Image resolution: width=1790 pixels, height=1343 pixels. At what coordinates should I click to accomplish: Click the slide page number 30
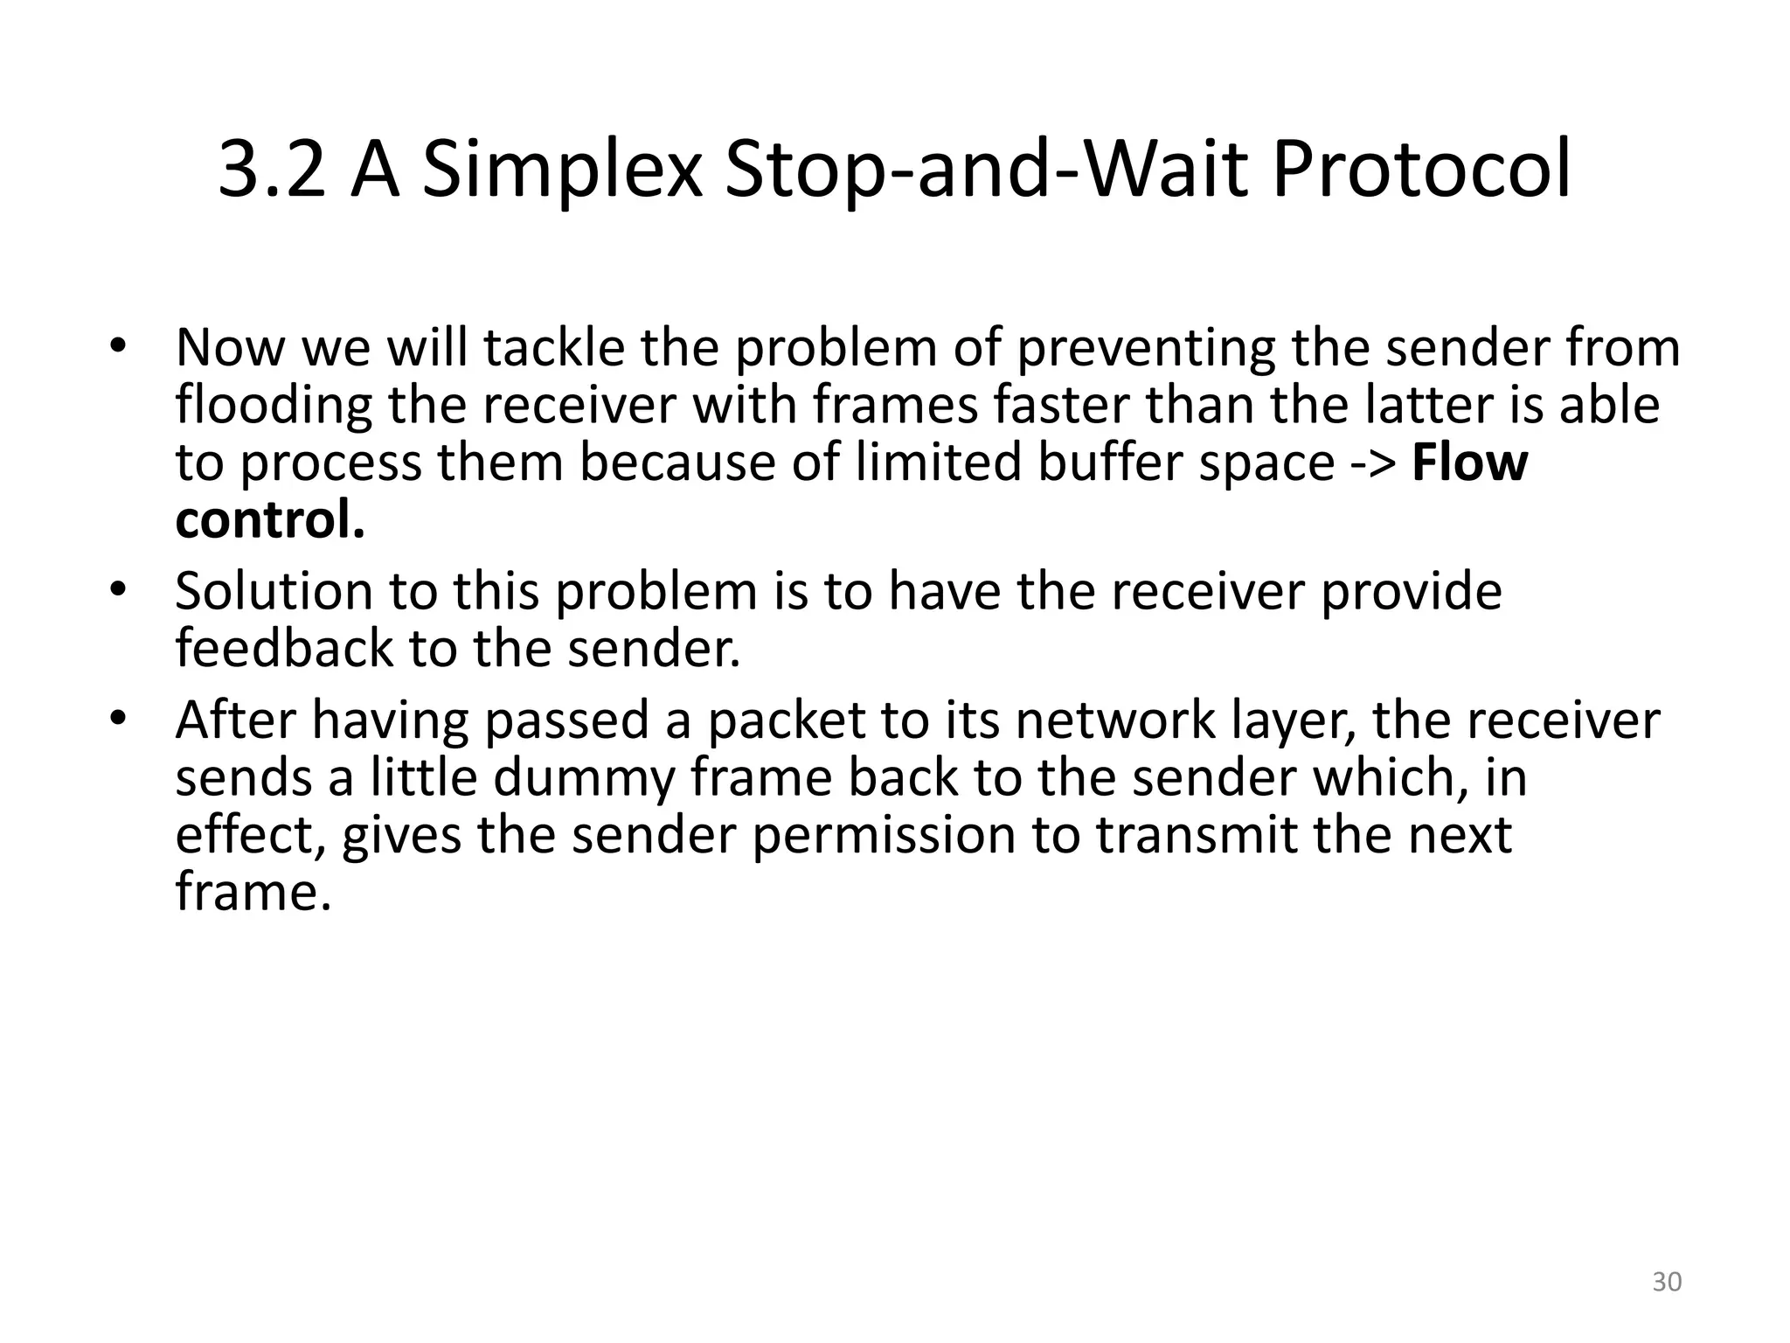pyautogui.click(x=1667, y=1282)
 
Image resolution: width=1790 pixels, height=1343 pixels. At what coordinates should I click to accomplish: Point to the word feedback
pyautogui.click(x=284, y=649)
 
